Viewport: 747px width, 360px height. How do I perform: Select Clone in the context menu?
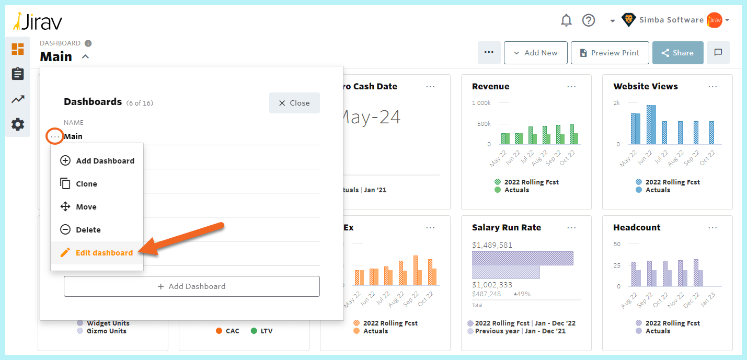click(86, 184)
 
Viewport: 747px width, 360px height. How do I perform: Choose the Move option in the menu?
click(86, 207)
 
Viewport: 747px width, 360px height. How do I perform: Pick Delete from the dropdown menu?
click(88, 230)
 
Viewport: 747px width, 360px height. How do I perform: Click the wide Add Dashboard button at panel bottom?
click(191, 286)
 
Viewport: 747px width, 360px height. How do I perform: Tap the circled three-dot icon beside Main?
click(55, 136)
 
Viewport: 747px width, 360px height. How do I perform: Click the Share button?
click(677, 53)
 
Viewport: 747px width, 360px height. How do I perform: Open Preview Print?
click(610, 53)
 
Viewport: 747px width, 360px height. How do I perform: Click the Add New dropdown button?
click(535, 53)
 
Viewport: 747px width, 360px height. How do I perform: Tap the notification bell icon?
click(566, 20)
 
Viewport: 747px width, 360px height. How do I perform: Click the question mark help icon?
click(589, 20)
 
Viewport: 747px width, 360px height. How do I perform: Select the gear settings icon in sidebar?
click(18, 124)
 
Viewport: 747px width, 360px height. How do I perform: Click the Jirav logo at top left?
click(38, 21)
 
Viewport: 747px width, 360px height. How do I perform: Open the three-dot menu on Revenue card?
click(571, 87)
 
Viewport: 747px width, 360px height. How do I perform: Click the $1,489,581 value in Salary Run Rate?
click(492, 245)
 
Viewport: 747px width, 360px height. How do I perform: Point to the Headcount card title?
click(637, 228)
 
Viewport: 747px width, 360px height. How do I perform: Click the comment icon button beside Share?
click(718, 53)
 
